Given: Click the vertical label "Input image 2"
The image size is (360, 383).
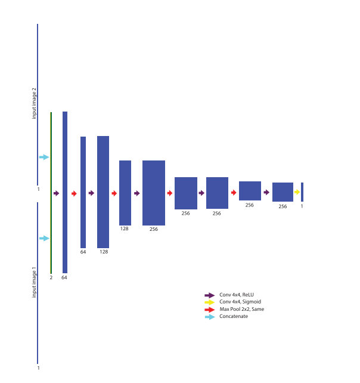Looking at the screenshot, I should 34,103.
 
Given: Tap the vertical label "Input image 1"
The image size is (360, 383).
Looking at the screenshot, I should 34,282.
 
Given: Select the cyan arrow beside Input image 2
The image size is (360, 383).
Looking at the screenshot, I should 44,157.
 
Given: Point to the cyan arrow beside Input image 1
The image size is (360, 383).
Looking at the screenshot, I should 44,238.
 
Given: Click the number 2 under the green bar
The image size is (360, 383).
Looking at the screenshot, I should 51,277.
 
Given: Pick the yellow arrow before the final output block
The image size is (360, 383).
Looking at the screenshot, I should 297,191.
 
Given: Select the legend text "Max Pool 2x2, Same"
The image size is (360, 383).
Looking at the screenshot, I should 241,309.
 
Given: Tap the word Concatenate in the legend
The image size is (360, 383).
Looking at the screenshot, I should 233,316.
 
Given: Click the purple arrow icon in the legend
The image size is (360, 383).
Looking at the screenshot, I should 209,295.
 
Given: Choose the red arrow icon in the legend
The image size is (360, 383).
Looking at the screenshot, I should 209,310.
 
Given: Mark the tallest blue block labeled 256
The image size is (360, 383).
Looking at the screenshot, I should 154,193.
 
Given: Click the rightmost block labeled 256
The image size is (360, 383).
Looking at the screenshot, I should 283,192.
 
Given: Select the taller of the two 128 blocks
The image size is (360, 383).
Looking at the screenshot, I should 103,191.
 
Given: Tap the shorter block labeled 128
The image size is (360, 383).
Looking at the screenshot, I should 125,192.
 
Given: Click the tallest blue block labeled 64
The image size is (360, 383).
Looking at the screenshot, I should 65,192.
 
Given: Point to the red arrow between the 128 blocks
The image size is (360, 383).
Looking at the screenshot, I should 114,193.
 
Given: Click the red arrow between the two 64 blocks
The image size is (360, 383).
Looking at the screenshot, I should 74,193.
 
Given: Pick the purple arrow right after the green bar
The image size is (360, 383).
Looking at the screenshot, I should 57,193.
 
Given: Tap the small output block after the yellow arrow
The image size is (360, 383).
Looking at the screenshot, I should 302,191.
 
